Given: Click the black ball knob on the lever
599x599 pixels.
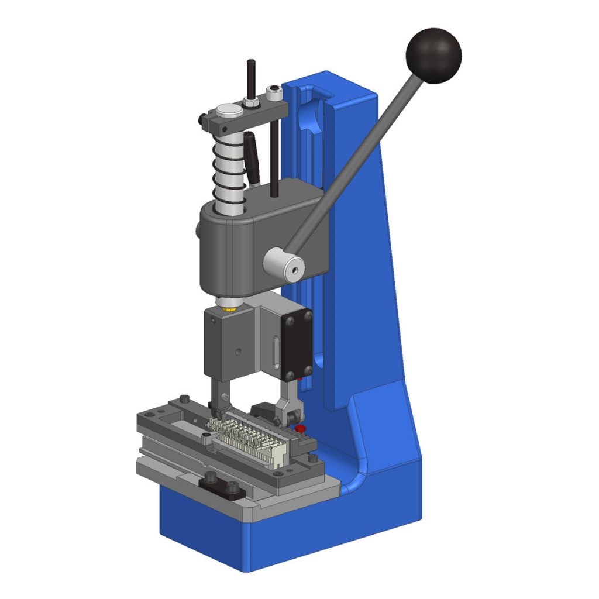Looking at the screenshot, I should [x=433, y=56].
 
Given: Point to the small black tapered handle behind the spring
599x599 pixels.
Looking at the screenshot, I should [x=252, y=156].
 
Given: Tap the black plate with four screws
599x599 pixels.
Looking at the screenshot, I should [x=298, y=345].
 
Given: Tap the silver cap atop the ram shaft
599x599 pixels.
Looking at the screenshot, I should [x=229, y=111].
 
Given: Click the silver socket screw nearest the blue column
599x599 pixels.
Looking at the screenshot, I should [x=273, y=92].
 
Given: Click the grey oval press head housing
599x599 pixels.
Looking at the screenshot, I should [x=240, y=246].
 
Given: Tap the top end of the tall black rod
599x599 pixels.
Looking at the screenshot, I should [x=251, y=63].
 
